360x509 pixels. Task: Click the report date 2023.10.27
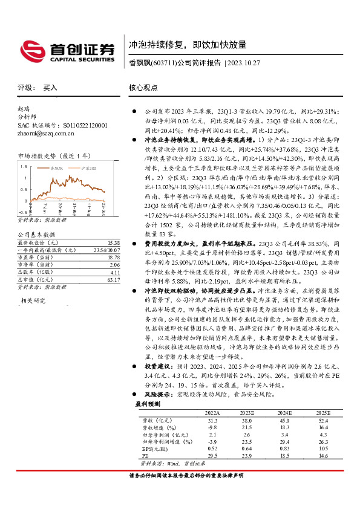pos(245,63)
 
